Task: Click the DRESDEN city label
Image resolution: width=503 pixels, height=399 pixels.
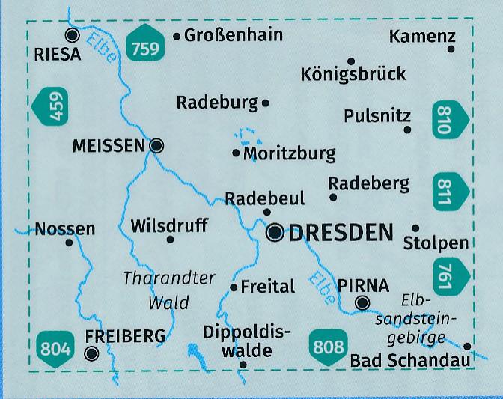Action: point(341,233)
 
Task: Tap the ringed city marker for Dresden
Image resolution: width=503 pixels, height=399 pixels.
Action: point(275,234)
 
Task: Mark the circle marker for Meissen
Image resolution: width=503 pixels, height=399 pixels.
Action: point(156,146)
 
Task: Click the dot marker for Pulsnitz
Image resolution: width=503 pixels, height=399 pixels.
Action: point(407,130)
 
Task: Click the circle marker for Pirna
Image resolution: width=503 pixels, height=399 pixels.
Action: point(362,303)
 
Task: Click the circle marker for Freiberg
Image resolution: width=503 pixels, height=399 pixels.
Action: point(92,354)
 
